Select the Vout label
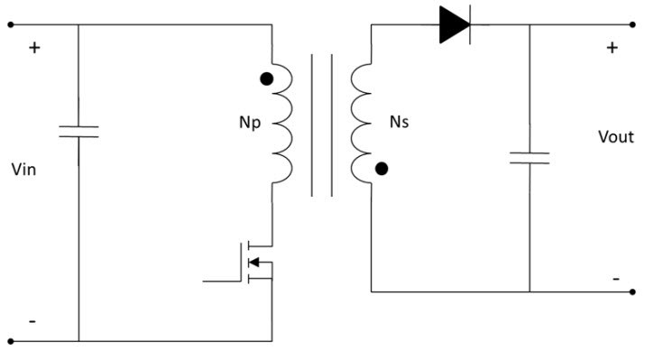coord(616,137)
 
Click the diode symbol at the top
coord(454,25)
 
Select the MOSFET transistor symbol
coord(257,262)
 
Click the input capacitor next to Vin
coord(78,133)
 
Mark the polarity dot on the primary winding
coord(265,78)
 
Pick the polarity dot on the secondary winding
coord(382,168)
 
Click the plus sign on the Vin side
coord(34,47)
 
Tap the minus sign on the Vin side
coord(32,321)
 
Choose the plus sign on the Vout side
coord(613,47)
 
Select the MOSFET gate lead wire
coord(221,281)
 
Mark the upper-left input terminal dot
coord(11,25)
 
